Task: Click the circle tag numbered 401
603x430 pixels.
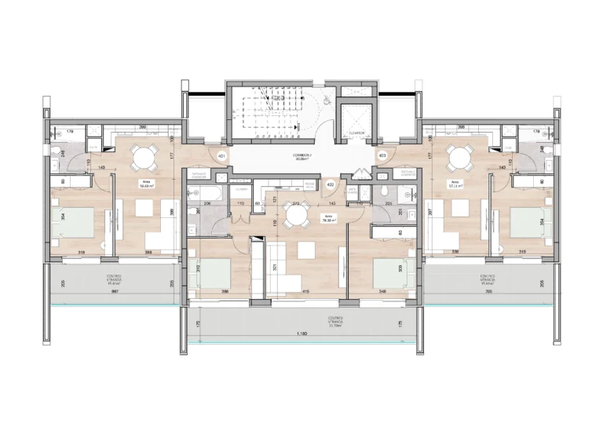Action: click(x=222, y=157)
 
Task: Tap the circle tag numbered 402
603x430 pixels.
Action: click(x=331, y=185)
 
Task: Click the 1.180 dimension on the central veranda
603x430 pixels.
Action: click(x=301, y=336)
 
